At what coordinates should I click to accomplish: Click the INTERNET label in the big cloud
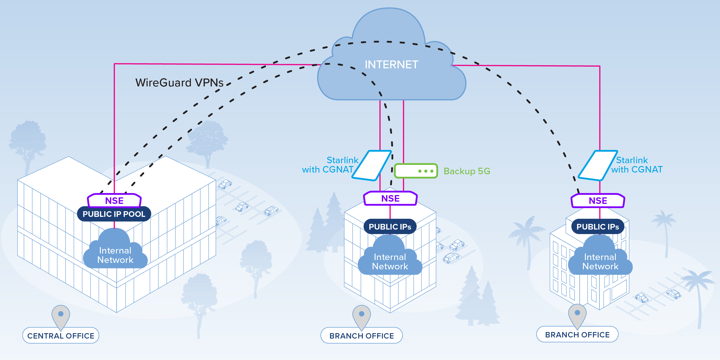pyautogui.click(x=391, y=65)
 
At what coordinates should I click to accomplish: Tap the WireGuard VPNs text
pyautogui.click(x=179, y=83)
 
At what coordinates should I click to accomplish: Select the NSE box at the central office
pyautogui.click(x=114, y=201)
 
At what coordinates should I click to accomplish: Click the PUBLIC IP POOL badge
pyautogui.click(x=114, y=214)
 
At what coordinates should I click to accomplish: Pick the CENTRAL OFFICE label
pyautogui.click(x=61, y=336)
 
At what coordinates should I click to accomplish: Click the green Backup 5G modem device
pyautogui.click(x=416, y=171)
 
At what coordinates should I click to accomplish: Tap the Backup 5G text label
pyautogui.click(x=467, y=171)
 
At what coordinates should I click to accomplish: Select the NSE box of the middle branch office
pyautogui.click(x=390, y=198)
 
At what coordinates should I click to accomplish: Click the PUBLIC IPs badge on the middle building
pyautogui.click(x=390, y=227)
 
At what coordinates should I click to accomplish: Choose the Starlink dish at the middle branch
pyautogui.click(x=371, y=165)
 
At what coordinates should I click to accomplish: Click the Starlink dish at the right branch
pyautogui.click(x=597, y=165)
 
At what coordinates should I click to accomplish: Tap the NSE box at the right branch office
pyautogui.click(x=598, y=201)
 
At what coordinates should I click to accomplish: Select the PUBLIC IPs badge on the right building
pyautogui.click(x=597, y=227)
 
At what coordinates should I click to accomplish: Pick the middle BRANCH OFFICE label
pyautogui.click(x=362, y=336)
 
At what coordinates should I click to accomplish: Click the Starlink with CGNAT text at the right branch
pyautogui.click(x=637, y=165)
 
